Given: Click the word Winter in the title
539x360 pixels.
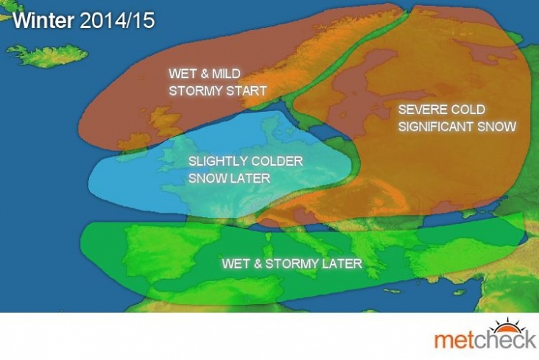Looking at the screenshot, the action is click(43, 21).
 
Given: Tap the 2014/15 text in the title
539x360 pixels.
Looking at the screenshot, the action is click(117, 21).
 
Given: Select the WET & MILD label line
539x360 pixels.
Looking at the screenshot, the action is click(205, 74).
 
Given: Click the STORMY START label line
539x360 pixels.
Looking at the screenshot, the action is click(218, 91).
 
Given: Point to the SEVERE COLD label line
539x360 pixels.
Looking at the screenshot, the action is click(442, 110).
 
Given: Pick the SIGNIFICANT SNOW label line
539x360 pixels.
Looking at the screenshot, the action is click(457, 127).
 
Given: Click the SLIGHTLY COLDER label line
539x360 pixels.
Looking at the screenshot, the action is click(245, 161).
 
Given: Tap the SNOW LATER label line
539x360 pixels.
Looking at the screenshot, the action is click(229, 178).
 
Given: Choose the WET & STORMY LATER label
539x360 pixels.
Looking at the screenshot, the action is click(292, 264).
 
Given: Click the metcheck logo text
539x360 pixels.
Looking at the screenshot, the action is click(485, 339).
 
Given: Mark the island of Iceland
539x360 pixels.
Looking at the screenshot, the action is click(48, 56).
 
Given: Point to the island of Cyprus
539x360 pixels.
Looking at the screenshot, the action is click(459, 292).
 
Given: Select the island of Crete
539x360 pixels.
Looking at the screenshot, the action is click(391, 291).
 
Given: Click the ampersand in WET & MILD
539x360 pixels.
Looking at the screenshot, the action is click(204, 74).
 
